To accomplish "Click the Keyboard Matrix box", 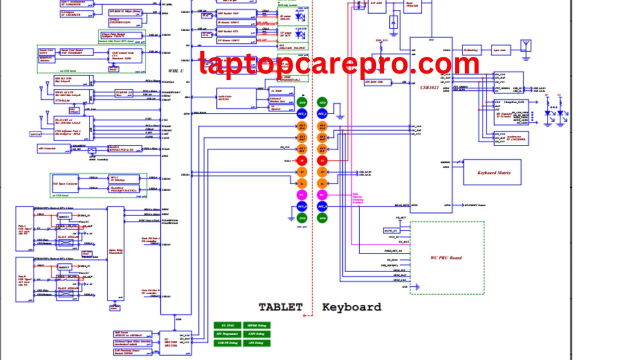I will (x=492, y=172).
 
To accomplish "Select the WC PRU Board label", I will (x=446, y=258).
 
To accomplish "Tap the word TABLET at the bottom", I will (x=280, y=307).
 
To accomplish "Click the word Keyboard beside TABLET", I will (x=351, y=307).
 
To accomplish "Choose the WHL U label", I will (x=175, y=71).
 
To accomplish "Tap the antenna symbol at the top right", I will (x=525, y=46).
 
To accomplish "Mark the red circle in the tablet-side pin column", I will (x=302, y=160).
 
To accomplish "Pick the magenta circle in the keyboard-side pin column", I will (x=322, y=194).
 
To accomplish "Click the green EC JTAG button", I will (x=227, y=325).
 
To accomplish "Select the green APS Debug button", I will (x=256, y=343).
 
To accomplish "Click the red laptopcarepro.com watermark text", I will (x=339, y=64).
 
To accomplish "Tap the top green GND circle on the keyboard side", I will (x=322, y=102).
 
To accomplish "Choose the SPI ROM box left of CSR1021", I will (x=373, y=81).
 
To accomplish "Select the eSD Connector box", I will (x=49, y=149).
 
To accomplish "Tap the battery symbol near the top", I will (x=393, y=22).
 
